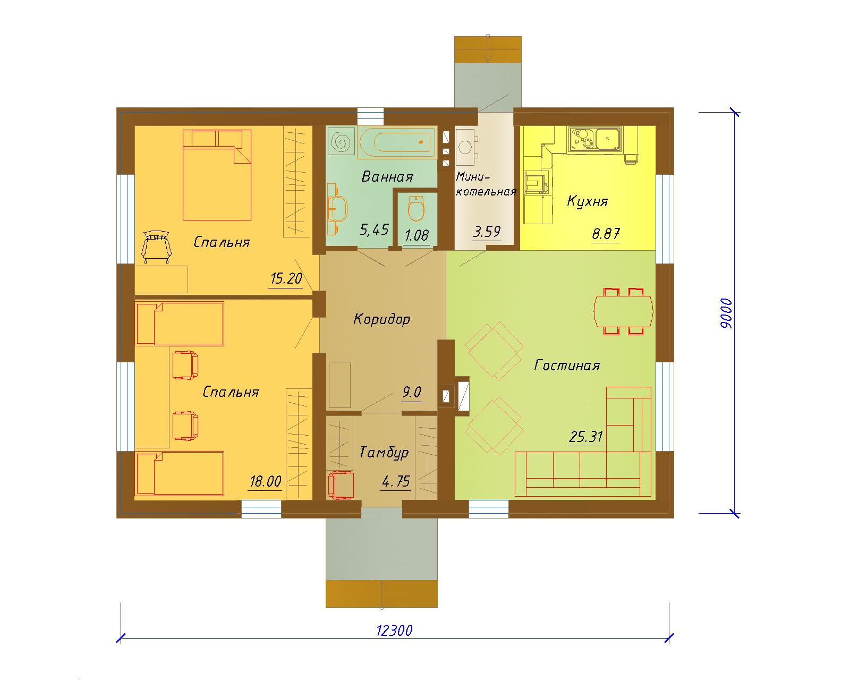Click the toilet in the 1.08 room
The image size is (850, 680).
(x=416, y=208)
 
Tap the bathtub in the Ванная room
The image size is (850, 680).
(x=397, y=142)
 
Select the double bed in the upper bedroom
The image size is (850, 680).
(x=217, y=175)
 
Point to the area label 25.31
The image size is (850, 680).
(x=586, y=437)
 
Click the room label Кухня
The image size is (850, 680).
(x=587, y=201)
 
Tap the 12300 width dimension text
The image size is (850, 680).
(x=394, y=630)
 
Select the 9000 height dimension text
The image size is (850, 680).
(x=726, y=313)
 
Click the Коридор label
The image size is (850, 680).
(x=381, y=319)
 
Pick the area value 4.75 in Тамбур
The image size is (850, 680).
(x=396, y=481)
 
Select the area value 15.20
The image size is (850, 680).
(x=286, y=278)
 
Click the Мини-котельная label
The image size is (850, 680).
(x=486, y=184)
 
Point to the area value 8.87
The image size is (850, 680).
(x=606, y=234)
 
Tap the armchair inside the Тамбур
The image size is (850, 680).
(x=341, y=485)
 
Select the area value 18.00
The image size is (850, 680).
(x=265, y=481)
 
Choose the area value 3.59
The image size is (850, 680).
(x=487, y=232)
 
